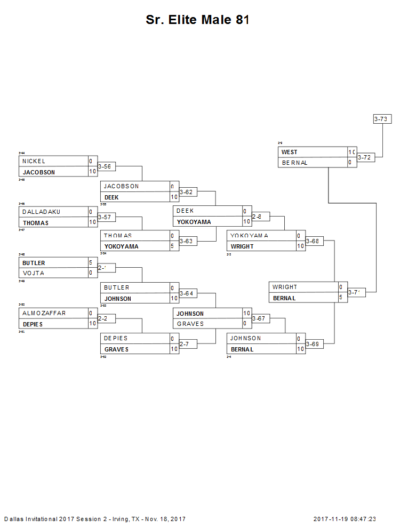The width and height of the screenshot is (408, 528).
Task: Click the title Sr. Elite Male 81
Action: pyautogui.click(x=197, y=20)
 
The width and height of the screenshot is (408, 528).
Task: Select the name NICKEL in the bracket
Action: pyautogui.click(x=34, y=161)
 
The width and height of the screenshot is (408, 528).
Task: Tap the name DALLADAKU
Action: pyautogui.click(x=41, y=212)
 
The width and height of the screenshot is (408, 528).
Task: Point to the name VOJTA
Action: pyautogui.click(x=33, y=273)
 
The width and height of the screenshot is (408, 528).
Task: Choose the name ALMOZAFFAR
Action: pyautogui.click(x=44, y=313)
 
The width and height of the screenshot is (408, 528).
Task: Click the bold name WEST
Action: pyautogui.click(x=290, y=153)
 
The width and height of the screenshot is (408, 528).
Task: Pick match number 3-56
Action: pyautogui.click(x=105, y=166)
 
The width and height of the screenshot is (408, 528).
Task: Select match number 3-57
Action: pyautogui.click(x=105, y=217)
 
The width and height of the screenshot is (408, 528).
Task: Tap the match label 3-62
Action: pyautogui.click(x=186, y=192)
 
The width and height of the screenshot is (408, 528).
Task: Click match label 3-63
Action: pyautogui.click(x=186, y=241)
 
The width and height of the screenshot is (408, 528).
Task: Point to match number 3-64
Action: pyautogui.click(x=186, y=293)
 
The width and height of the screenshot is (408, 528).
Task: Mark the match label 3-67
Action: pyautogui.click(x=259, y=318)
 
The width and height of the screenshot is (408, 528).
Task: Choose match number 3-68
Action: pyautogui.click(x=313, y=241)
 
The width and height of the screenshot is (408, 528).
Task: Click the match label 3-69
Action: pyautogui.click(x=313, y=344)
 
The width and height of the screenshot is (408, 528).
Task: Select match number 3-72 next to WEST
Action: pyautogui.click(x=364, y=157)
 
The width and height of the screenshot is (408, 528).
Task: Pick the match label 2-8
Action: pyautogui.click(x=258, y=217)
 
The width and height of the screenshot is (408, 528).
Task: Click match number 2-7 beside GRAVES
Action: pyautogui.click(x=185, y=344)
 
